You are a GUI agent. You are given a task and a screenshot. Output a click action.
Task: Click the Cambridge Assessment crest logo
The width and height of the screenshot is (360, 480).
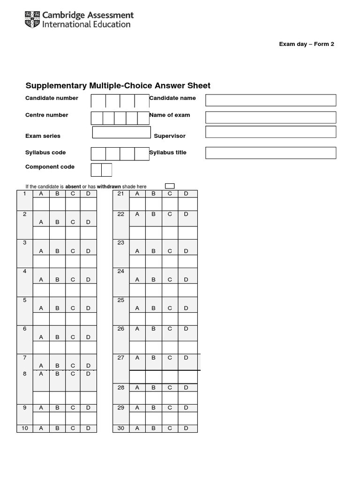pyautogui.click(x=32, y=20)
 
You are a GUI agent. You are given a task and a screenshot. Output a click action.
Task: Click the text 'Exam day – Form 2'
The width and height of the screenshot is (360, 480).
pyautogui.click(x=307, y=44)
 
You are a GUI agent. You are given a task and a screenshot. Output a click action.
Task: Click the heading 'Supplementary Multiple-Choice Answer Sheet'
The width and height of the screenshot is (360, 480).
pyautogui.click(x=118, y=85)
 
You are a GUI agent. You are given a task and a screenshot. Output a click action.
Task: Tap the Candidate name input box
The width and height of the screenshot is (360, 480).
pyautogui.click(x=270, y=100)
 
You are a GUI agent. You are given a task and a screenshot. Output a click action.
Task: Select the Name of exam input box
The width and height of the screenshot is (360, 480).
pyautogui.click(x=270, y=117)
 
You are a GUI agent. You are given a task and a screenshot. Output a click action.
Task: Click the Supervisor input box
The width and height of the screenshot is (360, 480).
pyautogui.click(x=270, y=132)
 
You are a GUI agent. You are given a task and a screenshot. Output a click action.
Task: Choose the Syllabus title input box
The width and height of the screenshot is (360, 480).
pyautogui.click(x=270, y=153)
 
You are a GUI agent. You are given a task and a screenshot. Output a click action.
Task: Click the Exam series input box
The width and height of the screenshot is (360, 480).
pyautogui.click(x=121, y=132)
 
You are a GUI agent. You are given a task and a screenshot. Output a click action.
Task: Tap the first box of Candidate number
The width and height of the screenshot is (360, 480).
pyautogui.click(x=98, y=101)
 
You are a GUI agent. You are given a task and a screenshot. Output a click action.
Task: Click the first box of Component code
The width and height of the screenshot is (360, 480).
pyautogui.click(x=96, y=170)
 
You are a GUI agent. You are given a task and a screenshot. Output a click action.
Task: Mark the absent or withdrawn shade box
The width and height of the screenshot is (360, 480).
pyautogui.click(x=170, y=186)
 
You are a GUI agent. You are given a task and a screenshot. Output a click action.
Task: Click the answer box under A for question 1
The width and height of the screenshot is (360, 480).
pyautogui.click(x=41, y=204)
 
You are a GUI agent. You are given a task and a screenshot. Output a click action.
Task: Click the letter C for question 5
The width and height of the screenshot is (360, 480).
pyautogui.click(x=73, y=308)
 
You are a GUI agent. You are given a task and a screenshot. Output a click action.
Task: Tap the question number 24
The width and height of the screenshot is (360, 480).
pyautogui.click(x=121, y=271)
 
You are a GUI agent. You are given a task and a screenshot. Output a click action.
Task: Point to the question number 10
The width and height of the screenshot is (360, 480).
pyautogui.click(x=25, y=428)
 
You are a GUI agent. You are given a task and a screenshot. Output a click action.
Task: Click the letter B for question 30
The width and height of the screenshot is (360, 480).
pyautogui.click(x=153, y=428)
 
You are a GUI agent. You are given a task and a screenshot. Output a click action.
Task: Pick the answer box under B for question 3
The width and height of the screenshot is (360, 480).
pyautogui.click(x=57, y=262)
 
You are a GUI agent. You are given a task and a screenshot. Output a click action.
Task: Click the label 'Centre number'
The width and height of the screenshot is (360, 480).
pyautogui.click(x=47, y=115)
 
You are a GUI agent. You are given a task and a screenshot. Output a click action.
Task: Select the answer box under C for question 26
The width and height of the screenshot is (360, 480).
pyautogui.click(x=170, y=347)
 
